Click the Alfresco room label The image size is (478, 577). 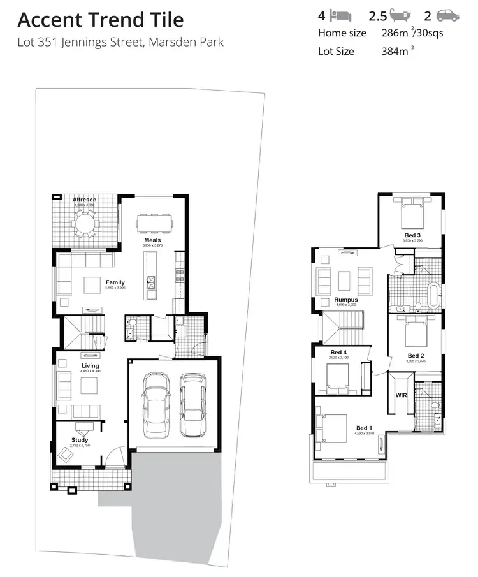click(x=84, y=200)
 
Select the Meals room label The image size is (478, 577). click(x=152, y=240)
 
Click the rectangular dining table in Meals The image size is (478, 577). click(x=154, y=224)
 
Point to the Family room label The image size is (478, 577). click(x=115, y=282)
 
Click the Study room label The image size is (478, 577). click(x=80, y=440)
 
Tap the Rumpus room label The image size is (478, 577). click(x=346, y=300)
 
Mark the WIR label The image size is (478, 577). click(x=401, y=395)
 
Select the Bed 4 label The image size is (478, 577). click(x=338, y=353)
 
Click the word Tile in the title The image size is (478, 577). click(x=166, y=20)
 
